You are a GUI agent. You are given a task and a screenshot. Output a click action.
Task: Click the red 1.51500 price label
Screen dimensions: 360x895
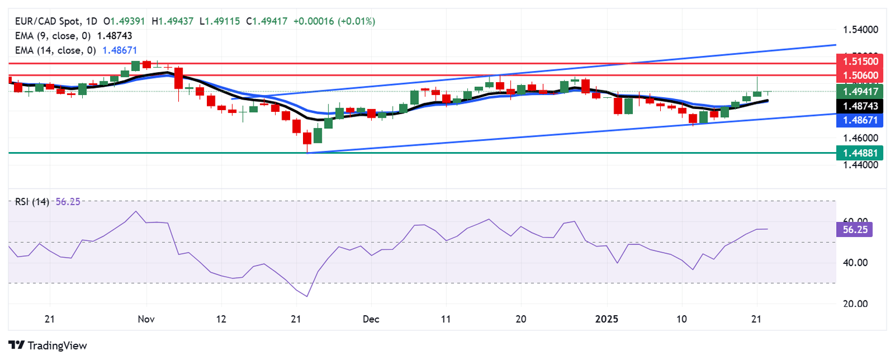(x=859, y=61)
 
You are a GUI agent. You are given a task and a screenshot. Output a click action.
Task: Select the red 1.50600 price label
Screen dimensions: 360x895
(x=859, y=75)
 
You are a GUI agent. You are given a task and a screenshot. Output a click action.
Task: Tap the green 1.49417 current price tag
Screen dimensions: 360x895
(x=859, y=91)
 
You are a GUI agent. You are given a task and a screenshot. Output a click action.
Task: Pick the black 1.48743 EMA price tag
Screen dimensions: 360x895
(x=859, y=106)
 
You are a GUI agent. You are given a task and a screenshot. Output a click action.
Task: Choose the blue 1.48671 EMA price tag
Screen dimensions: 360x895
(x=859, y=121)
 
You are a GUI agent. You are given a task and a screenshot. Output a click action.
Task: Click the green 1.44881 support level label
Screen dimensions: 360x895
(x=859, y=153)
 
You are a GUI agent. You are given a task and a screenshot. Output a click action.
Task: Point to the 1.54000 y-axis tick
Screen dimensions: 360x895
(x=860, y=29)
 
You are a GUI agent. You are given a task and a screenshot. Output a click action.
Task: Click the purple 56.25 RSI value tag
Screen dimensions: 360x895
(x=854, y=230)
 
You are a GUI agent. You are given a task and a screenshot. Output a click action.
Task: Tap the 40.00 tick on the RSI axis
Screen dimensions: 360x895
(x=856, y=263)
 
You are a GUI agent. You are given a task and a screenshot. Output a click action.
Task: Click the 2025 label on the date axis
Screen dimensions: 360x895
(x=608, y=319)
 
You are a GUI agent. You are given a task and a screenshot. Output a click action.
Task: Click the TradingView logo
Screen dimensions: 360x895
(x=48, y=345)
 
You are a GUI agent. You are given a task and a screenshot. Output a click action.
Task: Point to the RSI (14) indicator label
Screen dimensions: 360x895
(x=33, y=202)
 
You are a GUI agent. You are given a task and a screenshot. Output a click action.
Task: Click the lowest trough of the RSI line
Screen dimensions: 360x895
(x=306, y=297)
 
